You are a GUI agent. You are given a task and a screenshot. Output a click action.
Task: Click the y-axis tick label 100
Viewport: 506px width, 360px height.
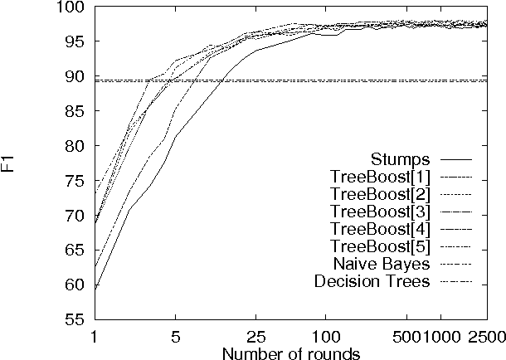tap(70, 7)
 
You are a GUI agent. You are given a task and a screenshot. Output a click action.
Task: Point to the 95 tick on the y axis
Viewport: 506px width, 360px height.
tap(73, 41)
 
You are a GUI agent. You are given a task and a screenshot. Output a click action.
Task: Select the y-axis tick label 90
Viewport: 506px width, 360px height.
tap(73, 76)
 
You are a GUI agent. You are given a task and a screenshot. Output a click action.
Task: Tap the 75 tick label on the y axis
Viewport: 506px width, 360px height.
tap(73, 146)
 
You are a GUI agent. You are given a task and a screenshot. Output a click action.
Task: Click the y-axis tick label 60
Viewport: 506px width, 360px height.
tap(73, 285)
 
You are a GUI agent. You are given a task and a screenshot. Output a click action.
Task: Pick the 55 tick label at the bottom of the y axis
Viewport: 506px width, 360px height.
tap(73, 319)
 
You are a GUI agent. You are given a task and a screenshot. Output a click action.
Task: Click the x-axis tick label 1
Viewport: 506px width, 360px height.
tap(94, 338)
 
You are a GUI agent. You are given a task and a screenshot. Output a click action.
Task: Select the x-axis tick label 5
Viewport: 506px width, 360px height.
tap(175, 338)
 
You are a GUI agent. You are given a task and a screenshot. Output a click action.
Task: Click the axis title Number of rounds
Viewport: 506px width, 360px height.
tap(290, 353)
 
